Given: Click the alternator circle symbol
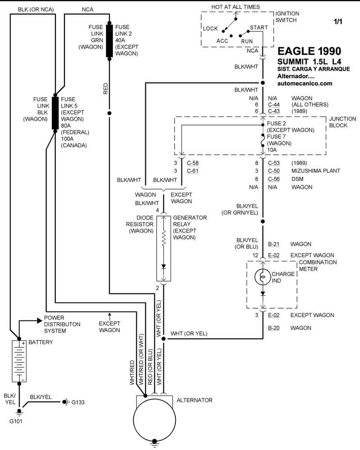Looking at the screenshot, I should pyautogui.click(x=154, y=423).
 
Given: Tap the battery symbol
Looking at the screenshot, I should pyautogui.click(x=19, y=361).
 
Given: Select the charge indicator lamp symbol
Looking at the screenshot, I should pyautogui.click(x=263, y=276).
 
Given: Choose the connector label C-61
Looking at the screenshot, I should pyautogui.click(x=193, y=171).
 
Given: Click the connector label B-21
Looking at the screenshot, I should pyautogui.click(x=274, y=244).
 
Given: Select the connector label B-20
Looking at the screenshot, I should pyautogui.click(x=274, y=328).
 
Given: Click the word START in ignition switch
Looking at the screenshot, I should pyautogui.click(x=259, y=28).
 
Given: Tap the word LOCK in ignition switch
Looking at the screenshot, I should pyautogui.click(x=210, y=29).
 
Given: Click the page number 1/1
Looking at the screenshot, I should pyautogui.click(x=337, y=21).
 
